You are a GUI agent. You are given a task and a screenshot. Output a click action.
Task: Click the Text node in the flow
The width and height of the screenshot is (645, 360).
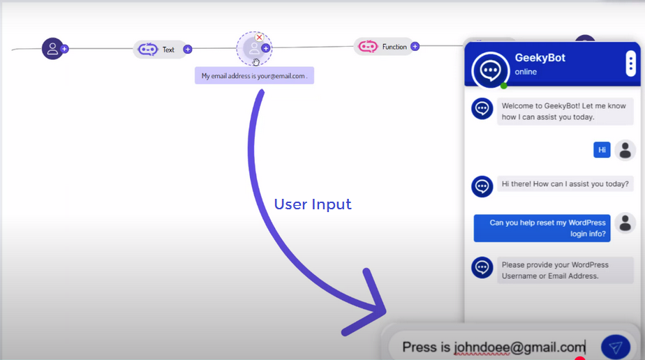(159, 50)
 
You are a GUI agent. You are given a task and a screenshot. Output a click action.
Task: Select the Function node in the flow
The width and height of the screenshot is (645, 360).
(383, 47)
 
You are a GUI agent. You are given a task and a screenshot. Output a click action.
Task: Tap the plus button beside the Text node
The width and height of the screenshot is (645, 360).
(188, 50)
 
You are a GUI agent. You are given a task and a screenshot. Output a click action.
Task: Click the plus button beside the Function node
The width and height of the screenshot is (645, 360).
(415, 47)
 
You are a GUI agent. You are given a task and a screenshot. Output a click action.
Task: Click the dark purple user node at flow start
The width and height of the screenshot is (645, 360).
(52, 49)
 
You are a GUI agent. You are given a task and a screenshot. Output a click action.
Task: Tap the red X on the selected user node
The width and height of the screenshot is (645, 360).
(260, 37)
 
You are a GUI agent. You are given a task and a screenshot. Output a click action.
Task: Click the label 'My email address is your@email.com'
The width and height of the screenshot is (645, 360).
(254, 76)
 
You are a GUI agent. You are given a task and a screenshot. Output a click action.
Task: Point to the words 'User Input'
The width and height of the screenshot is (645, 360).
(313, 204)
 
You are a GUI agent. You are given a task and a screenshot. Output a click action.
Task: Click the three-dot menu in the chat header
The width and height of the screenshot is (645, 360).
(630, 64)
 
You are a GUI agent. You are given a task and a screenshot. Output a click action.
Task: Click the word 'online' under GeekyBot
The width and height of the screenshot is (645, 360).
(526, 72)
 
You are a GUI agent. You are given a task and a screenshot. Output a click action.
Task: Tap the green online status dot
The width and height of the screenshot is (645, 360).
(504, 85)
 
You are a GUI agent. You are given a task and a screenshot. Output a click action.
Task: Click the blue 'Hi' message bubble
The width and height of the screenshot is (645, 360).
(602, 150)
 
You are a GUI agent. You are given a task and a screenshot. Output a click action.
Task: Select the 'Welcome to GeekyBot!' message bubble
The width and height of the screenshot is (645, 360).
(565, 112)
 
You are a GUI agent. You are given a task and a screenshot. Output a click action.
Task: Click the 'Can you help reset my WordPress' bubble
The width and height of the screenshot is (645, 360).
(542, 228)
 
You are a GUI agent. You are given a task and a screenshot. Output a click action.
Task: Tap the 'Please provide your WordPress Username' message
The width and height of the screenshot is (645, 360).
(560, 270)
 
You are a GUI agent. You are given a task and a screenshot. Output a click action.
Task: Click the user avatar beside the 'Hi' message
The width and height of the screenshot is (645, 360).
(625, 150)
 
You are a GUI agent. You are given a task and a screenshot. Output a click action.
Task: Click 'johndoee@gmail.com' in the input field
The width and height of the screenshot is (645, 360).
(519, 347)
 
